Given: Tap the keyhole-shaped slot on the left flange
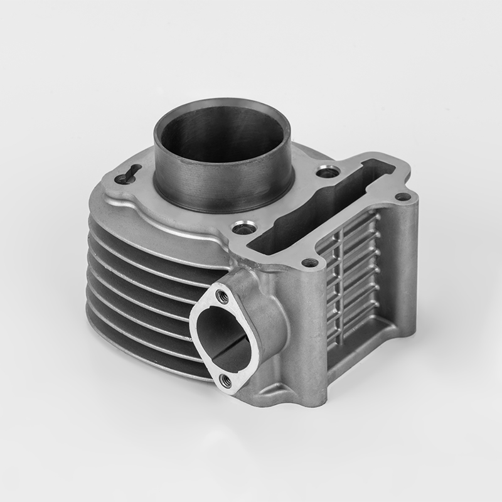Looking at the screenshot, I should tap(125, 177).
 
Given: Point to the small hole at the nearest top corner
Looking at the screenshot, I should tap(307, 263).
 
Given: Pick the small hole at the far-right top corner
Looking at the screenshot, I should tap(402, 197).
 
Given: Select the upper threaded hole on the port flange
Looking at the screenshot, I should tap(221, 293).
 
